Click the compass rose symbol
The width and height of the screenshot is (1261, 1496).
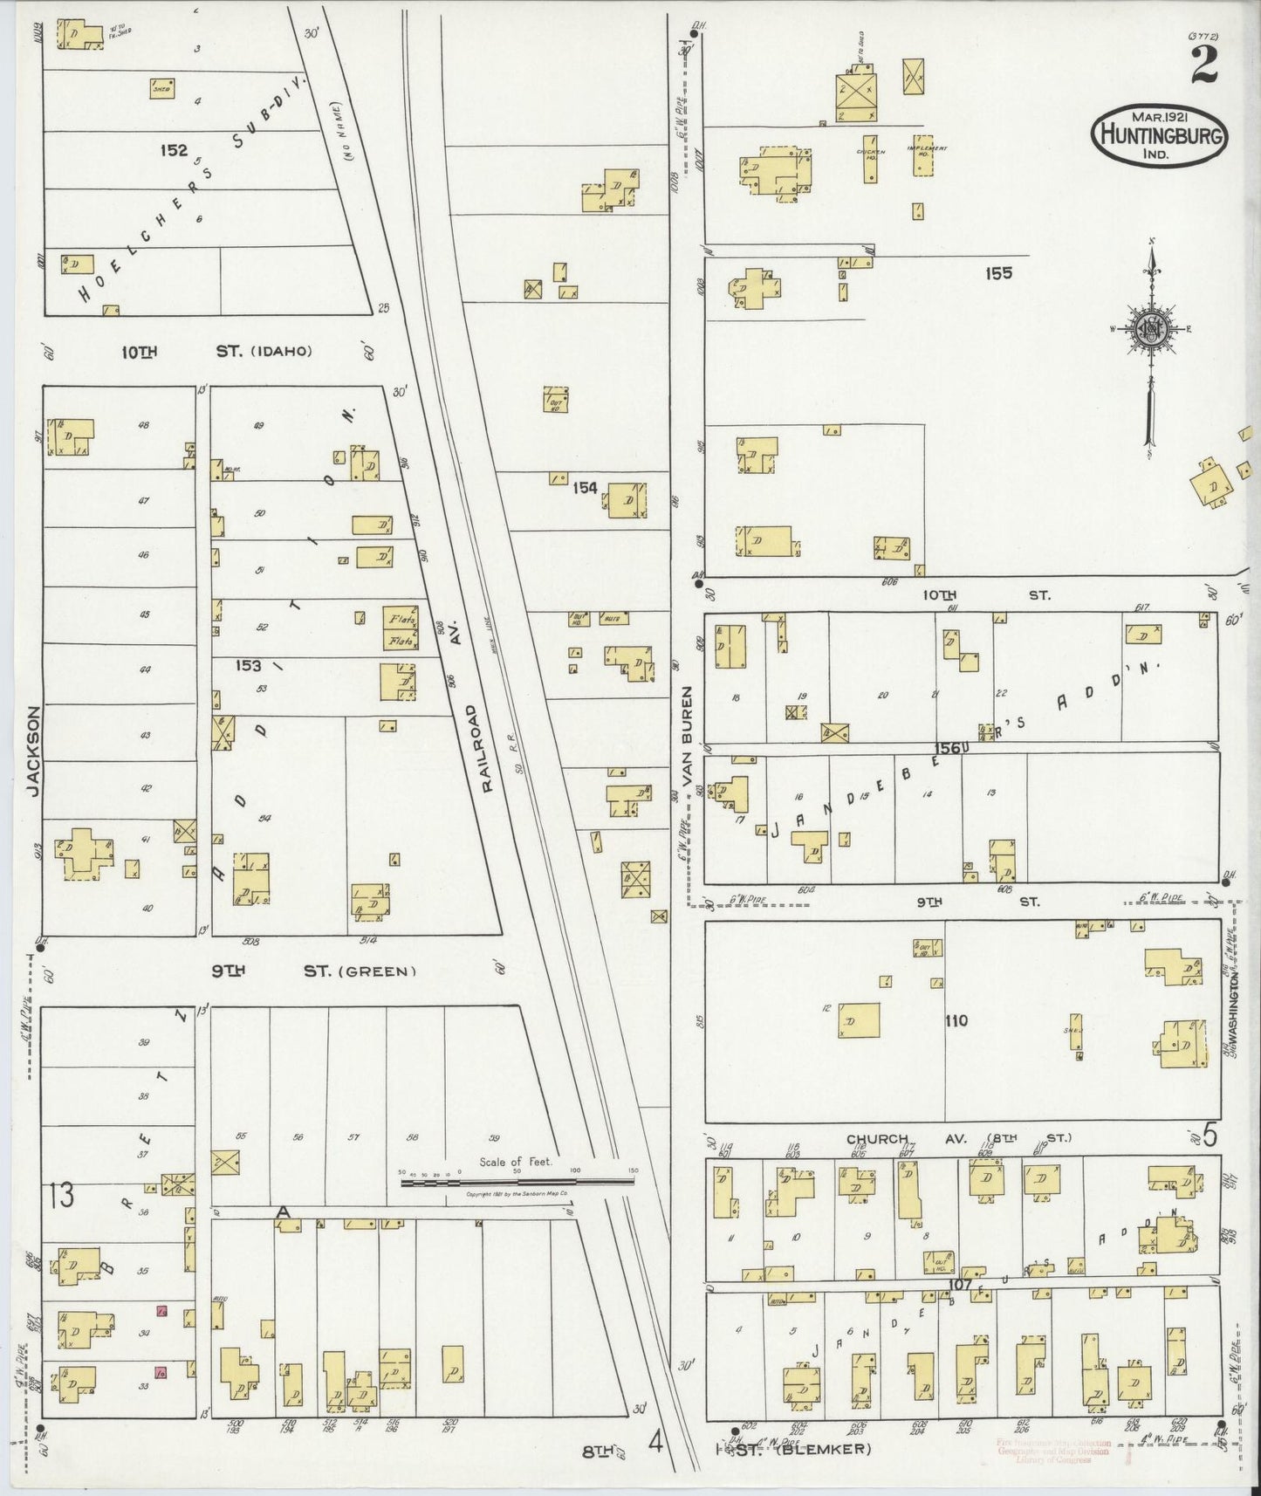[x=1151, y=330]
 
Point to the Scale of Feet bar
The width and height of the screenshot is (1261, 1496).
[x=517, y=1180]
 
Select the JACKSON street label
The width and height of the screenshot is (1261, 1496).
[x=33, y=751]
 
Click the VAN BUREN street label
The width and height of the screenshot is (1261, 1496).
[x=687, y=738]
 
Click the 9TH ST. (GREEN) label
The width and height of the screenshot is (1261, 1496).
[x=314, y=971]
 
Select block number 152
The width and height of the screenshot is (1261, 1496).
[x=173, y=150]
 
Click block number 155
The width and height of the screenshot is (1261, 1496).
[x=998, y=273]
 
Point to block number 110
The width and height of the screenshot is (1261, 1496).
[x=956, y=1020]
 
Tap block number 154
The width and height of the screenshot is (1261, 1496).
[x=585, y=488]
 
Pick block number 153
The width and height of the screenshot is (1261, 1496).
[x=248, y=666]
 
